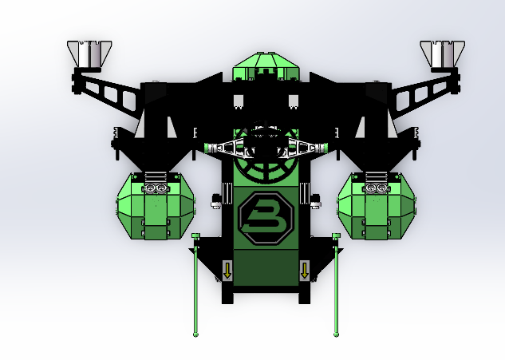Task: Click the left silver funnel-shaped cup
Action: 89,53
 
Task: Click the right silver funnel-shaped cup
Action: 443,53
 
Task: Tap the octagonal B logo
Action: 266,218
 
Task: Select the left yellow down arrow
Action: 227,271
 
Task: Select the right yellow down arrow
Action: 304,271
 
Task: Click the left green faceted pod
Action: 156,206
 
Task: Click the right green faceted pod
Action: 377,206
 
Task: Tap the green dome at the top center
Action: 266,65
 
